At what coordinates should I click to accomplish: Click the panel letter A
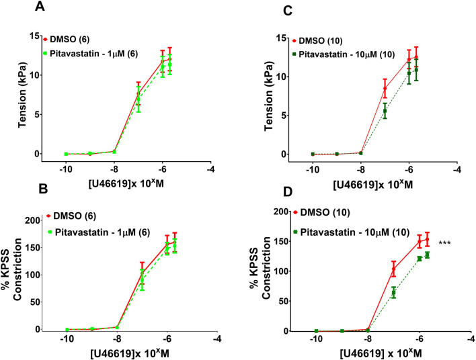pos(40,6)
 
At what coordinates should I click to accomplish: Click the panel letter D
pos(288,193)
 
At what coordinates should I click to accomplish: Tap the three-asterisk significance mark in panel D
pos(444,243)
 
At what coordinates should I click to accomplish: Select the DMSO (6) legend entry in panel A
pos(66,39)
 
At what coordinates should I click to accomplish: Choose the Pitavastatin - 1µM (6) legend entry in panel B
pos(97,232)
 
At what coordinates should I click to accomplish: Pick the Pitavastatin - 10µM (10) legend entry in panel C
pos(344,54)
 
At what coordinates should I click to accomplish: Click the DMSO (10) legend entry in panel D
pos(322,212)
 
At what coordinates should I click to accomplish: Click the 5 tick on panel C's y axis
pos(283,116)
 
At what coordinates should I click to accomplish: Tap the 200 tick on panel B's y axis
pos(33,220)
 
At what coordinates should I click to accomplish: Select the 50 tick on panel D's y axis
pos(282,301)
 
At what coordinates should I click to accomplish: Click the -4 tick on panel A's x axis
pos(210,169)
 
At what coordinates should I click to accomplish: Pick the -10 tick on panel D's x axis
pos(316,340)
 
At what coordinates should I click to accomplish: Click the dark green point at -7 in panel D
pos(393,293)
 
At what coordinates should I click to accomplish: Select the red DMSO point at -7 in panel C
pos(385,88)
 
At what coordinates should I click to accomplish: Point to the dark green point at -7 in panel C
pos(385,111)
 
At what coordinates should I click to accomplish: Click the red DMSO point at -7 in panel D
pos(393,269)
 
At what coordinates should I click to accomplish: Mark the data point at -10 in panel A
pos(66,154)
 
